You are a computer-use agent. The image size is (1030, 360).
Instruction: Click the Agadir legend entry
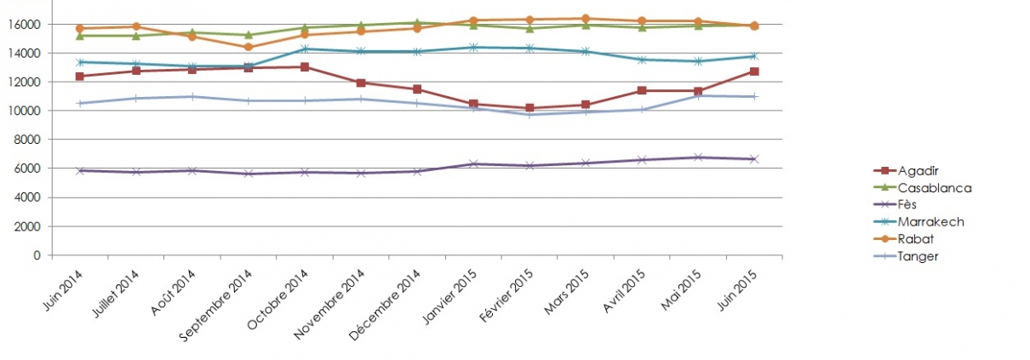point(904,170)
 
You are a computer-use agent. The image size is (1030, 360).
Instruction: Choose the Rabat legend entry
point(902,239)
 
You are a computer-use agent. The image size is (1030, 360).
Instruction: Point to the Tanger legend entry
point(905,256)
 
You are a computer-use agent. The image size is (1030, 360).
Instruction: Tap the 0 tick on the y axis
point(37,254)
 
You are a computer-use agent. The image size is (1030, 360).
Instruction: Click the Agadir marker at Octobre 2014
point(304,67)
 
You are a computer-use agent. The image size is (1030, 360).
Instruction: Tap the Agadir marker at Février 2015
point(529,108)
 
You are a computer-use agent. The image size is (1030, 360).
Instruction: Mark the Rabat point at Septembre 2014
point(248,48)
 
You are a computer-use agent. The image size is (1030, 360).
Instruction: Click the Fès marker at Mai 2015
point(698,157)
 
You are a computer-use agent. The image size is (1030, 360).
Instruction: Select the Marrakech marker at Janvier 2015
point(473,48)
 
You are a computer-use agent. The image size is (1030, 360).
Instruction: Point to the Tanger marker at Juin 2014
point(79,104)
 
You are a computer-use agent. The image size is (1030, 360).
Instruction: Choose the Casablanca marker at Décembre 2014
point(417,23)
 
